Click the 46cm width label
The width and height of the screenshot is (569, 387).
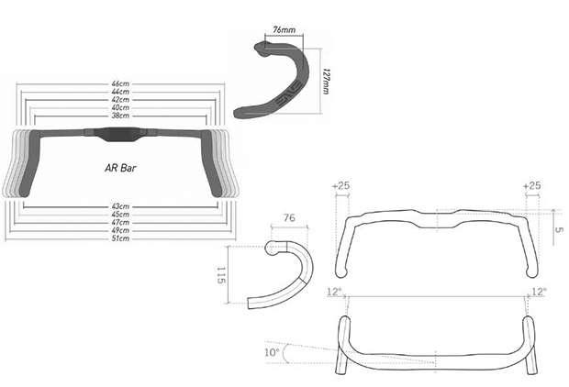[120, 84]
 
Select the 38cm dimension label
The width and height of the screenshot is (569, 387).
[120, 116]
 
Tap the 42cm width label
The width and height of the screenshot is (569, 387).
[120, 100]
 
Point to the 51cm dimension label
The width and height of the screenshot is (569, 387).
[120, 238]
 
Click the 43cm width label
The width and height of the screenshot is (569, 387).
[120, 206]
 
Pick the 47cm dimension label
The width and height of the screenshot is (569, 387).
[120, 222]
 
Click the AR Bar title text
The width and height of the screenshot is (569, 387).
[120, 169]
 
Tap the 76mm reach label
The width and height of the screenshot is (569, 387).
[284, 29]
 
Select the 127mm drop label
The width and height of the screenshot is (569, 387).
[326, 82]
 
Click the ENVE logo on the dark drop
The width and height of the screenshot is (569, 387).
[289, 94]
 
